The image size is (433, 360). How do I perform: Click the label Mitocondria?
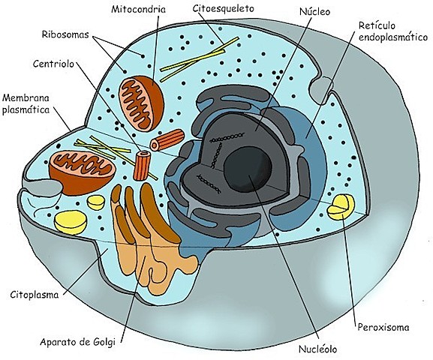(x=138, y=9)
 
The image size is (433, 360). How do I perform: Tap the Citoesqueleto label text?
(x=223, y=8)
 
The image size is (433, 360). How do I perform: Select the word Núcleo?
(x=315, y=11)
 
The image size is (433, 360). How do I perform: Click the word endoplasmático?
(x=393, y=37)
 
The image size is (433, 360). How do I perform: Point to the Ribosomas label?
(x=65, y=34)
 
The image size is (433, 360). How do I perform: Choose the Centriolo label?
(x=53, y=64)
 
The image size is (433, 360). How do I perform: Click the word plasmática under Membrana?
(x=26, y=110)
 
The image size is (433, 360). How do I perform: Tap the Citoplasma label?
(x=35, y=295)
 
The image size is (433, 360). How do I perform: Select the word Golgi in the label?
(x=104, y=342)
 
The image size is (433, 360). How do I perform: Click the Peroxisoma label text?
(x=383, y=328)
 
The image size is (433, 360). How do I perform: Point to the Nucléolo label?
(x=318, y=349)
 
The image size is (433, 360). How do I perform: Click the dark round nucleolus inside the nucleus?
(x=248, y=169)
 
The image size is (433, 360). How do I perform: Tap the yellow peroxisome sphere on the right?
(x=341, y=207)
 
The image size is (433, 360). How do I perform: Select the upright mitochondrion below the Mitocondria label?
(x=141, y=103)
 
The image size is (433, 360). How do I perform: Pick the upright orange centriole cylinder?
(x=142, y=166)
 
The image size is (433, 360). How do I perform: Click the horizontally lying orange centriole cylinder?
(x=167, y=140)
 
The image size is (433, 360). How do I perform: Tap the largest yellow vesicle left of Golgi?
(x=71, y=222)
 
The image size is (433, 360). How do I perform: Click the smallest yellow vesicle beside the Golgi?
(x=96, y=202)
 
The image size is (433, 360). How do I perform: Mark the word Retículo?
(x=377, y=25)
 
